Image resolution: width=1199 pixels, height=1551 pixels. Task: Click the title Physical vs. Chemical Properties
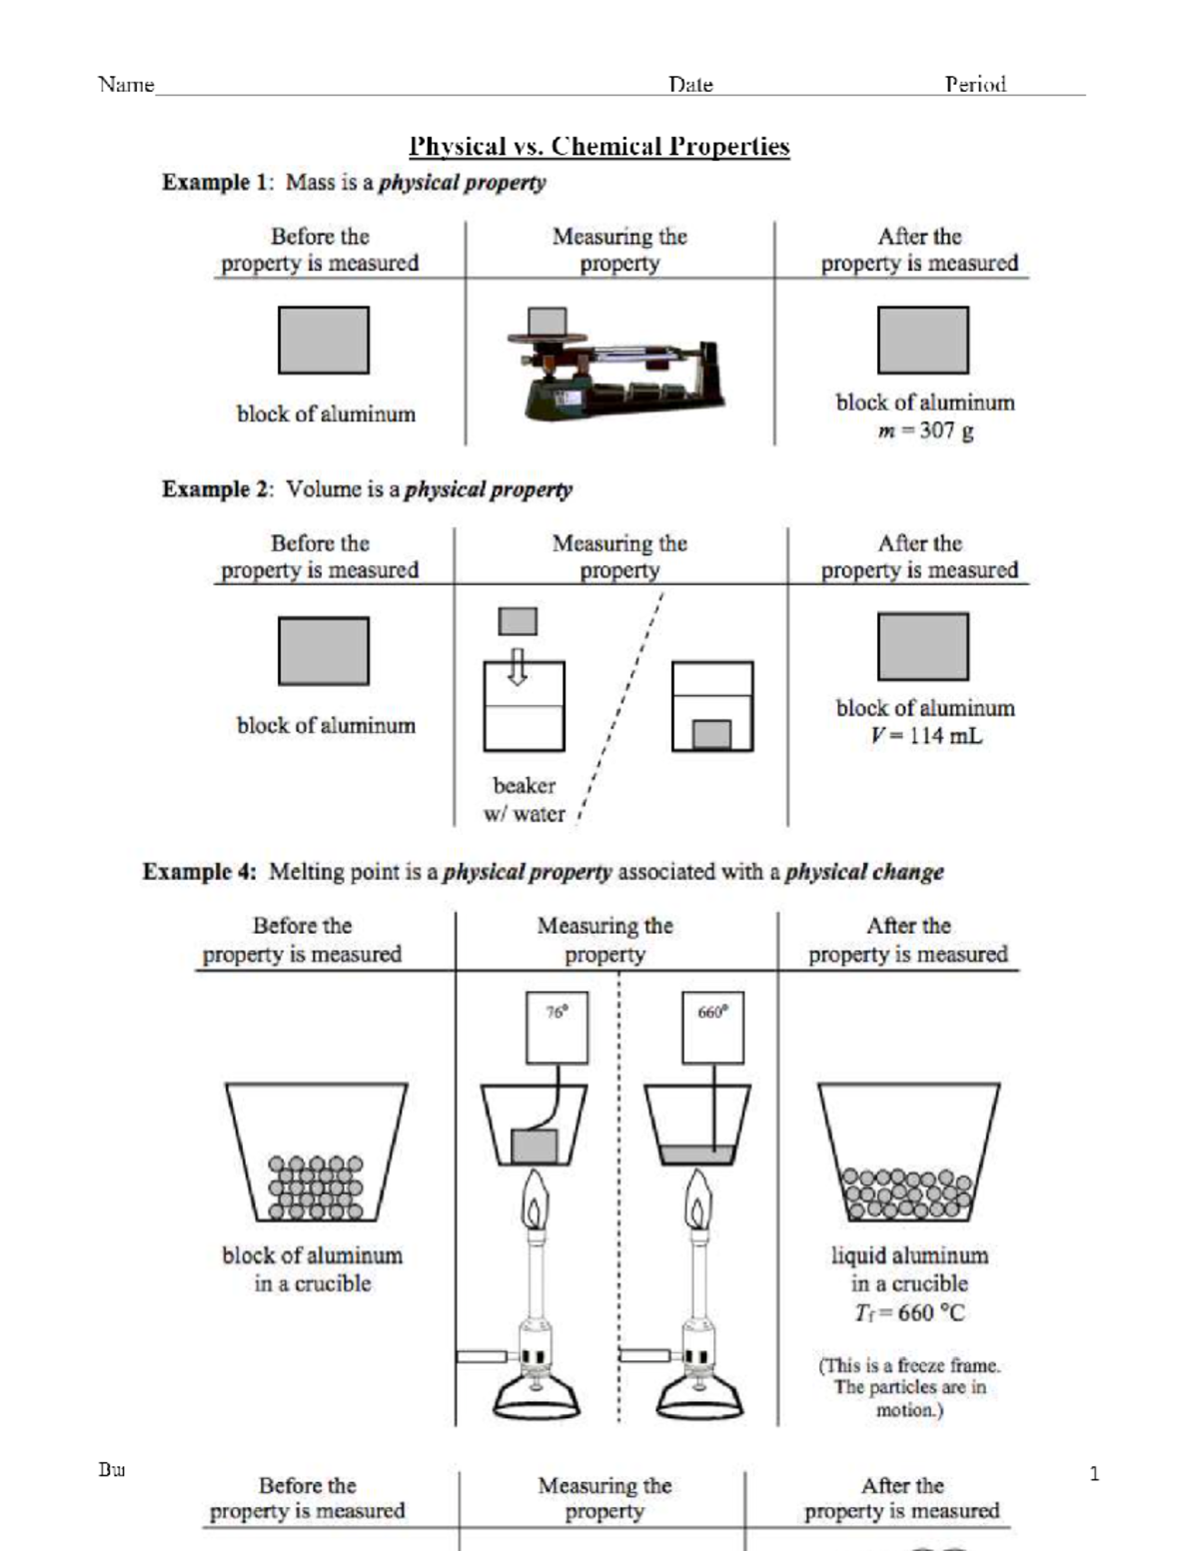[599, 147]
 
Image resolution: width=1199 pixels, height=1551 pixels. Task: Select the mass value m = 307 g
[925, 431]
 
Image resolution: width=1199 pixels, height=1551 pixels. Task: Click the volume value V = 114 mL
[925, 736]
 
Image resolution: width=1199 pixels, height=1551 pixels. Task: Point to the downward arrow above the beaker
[517, 666]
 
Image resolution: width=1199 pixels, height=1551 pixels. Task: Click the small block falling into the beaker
[518, 621]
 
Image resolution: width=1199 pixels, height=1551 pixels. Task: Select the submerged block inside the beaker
[711, 734]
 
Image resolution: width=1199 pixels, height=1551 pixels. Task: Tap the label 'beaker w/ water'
[525, 800]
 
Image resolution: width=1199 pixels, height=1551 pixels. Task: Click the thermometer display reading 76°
[557, 1027]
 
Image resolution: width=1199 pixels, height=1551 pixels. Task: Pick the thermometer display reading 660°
[712, 1027]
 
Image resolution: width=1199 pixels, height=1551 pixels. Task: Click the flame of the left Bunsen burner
[538, 1202]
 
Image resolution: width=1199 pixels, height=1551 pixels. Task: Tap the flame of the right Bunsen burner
[698, 1202]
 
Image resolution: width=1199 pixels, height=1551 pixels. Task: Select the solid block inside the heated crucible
[534, 1145]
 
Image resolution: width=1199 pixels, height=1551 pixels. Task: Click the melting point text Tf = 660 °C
[909, 1312]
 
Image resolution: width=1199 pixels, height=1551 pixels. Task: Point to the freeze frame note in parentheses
[909, 1387]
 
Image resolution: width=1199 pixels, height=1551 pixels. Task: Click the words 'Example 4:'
[200, 872]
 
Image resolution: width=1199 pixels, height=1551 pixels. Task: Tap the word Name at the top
[126, 84]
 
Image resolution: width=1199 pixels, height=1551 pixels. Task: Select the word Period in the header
[975, 84]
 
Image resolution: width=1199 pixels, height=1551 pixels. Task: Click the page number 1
[1094, 1473]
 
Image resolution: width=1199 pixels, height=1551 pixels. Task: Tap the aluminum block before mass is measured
[323, 341]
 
